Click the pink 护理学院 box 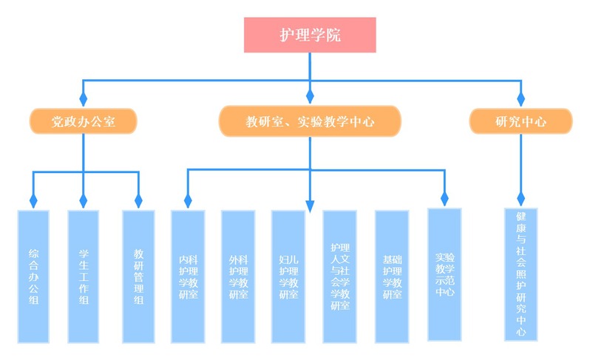click(310, 35)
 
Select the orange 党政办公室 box click(84, 121)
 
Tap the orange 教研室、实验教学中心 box click(310, 121)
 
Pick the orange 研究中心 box click(521, 121)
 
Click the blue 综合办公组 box click(33, 276)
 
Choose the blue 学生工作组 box click(84, 276)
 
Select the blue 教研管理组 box click(138, 276)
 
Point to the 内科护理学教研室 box click(188, 276)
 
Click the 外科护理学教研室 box click(238, 276)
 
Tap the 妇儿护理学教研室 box click(288, 276)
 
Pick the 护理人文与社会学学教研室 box click(340, 276)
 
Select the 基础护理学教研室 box click(392, 276)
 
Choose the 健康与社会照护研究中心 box click(521, 274)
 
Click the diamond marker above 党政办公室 click(84, 98)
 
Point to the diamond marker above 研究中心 click(521, 98)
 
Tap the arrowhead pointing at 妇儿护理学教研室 click(310, 198)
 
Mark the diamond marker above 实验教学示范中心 click(444, 198)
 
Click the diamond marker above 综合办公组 click(33, 200)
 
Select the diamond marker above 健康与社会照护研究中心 click(521, 198)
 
